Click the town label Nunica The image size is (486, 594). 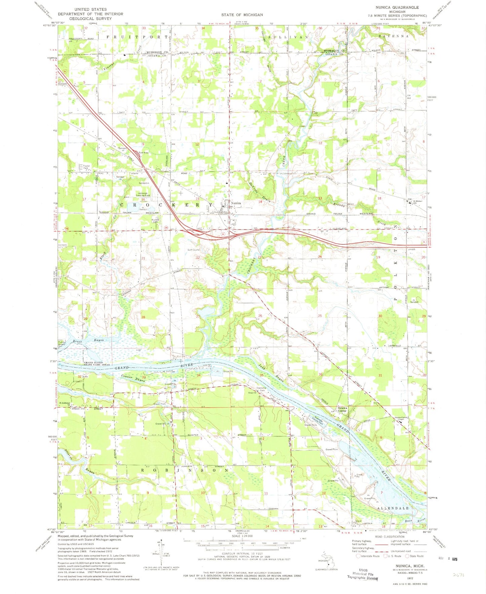pos(236,203)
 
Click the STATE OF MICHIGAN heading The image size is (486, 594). pos(242,14)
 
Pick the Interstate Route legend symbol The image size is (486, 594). pos(359,556)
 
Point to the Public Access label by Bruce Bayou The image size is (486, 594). pos(62,344)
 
